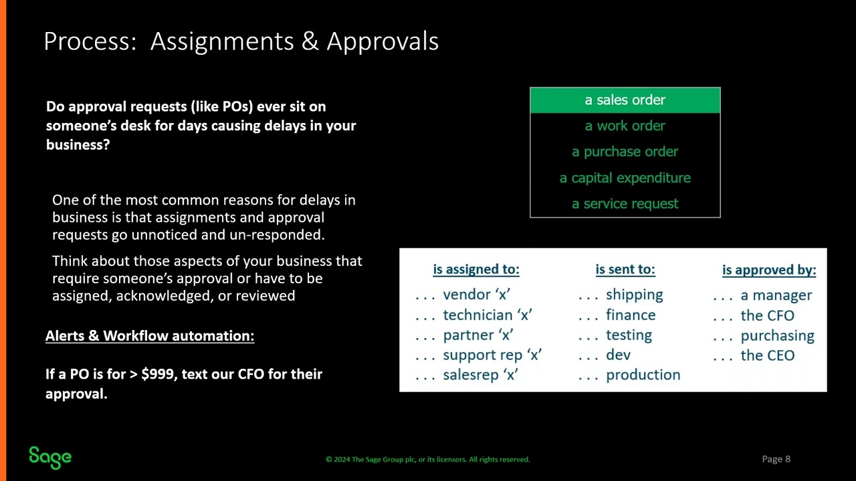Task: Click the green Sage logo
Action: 50,457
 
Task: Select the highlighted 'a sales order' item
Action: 625,100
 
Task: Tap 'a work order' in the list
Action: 625,126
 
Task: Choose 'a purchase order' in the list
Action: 625,152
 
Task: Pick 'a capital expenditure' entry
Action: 625,178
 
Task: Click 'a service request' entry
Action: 625,204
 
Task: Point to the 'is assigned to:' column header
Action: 476,269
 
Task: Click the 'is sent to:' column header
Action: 625,269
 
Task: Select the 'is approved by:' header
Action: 769,270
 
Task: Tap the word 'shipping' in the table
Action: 634,295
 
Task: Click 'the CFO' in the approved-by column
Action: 767,315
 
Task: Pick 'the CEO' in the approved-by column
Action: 767,355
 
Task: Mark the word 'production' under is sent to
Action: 643,375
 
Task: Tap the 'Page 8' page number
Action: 776,459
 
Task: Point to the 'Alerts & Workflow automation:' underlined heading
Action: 150,336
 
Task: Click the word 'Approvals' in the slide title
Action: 383,41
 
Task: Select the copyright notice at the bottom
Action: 428,460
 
